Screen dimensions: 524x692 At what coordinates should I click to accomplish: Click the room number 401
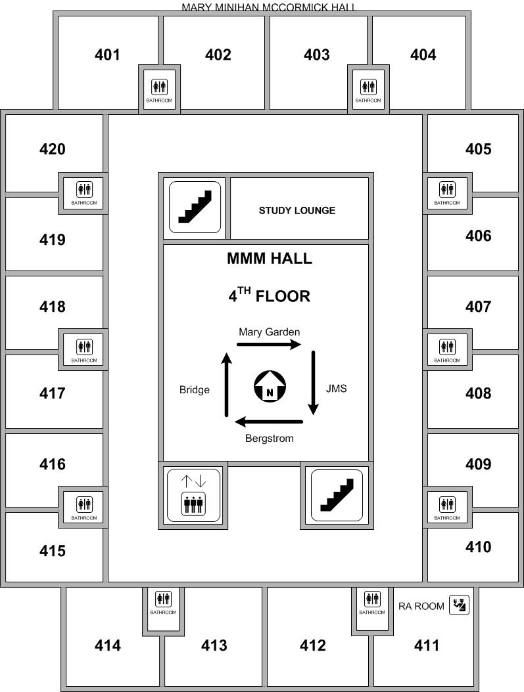point(107,54)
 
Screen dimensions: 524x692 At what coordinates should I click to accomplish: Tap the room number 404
point(423,54)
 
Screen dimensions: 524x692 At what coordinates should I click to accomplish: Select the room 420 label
point(53,149)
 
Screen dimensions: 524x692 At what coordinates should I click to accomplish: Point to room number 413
point(214,645)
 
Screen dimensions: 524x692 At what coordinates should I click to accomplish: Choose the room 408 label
point(478,393)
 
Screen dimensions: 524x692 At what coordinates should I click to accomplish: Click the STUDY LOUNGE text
point(297,211)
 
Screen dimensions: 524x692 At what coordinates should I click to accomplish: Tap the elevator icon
point(193,495)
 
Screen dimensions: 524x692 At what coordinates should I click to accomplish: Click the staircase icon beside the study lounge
point(195,207)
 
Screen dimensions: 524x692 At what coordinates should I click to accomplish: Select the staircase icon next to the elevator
point(337,495)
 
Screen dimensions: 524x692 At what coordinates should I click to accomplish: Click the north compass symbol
point(270,387)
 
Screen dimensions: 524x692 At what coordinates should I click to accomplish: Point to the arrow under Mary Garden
point(269,344)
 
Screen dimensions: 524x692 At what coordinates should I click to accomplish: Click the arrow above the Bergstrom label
point(269,422)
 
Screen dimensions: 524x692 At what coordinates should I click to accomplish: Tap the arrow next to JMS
point(313,383)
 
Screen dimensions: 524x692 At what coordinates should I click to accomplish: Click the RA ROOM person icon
point(459,605)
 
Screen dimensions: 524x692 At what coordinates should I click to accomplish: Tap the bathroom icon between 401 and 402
point(159,87)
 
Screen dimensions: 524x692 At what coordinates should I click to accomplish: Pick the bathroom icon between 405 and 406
point(447,189)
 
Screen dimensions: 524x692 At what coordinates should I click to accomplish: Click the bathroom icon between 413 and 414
point(163,599)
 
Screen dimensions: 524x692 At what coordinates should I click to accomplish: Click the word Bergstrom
point(270,438)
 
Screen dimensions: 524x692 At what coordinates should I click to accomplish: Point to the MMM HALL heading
point(270,258)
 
